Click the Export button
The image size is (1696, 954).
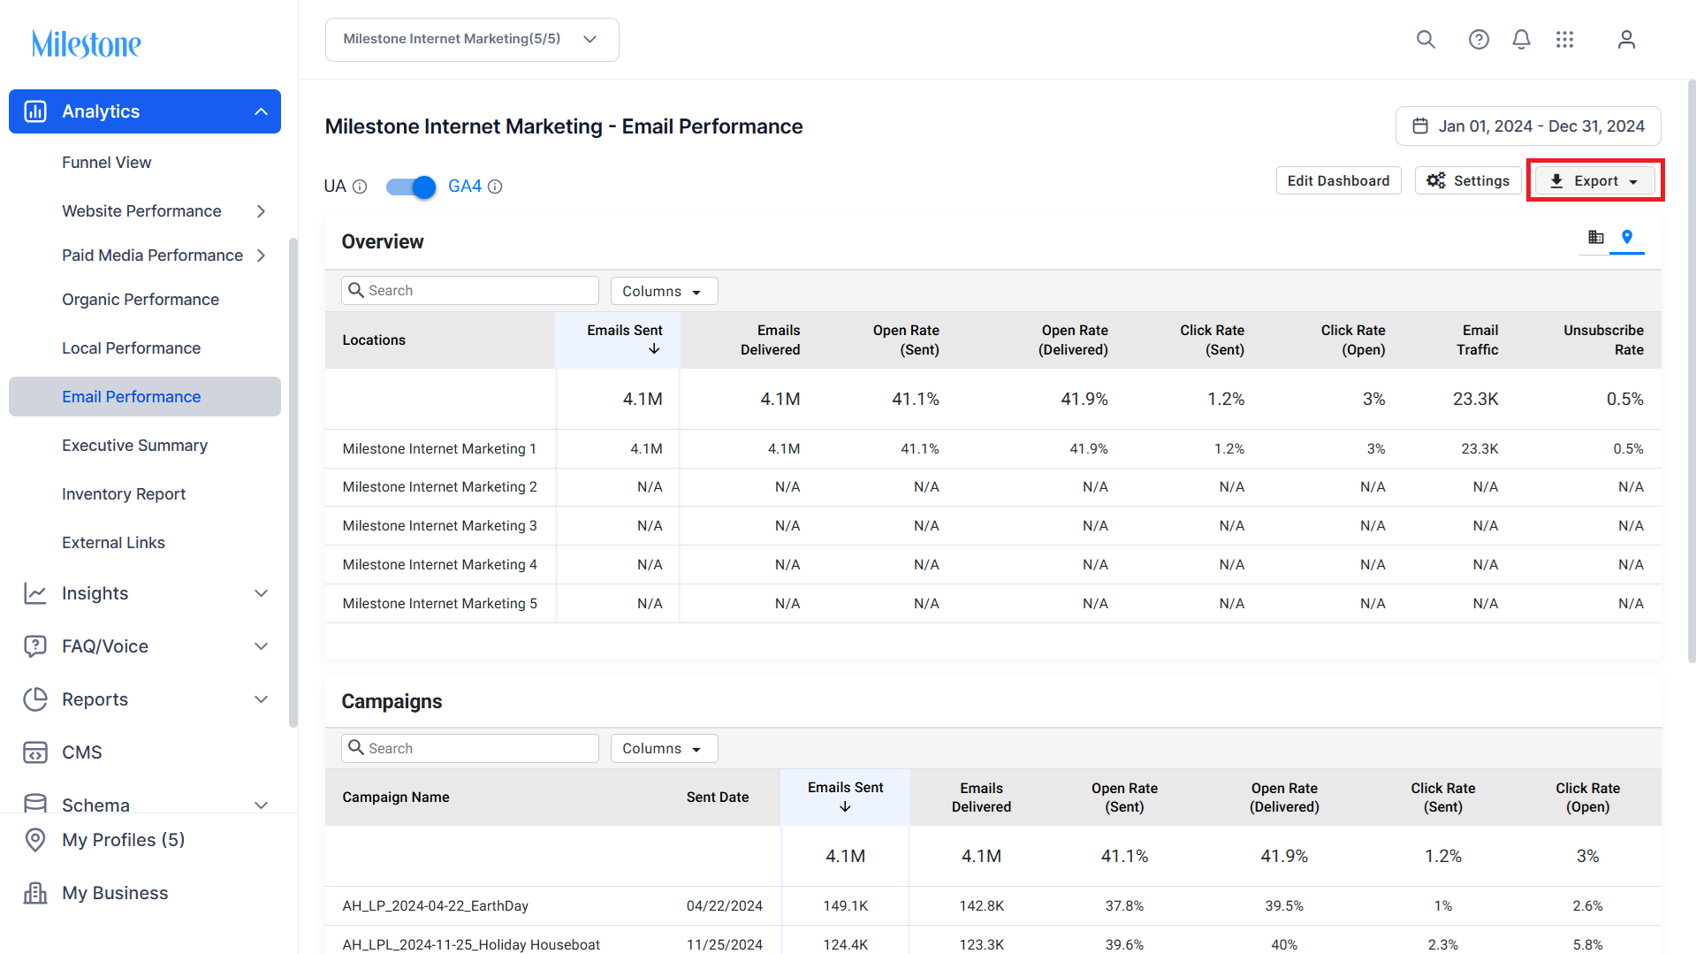(x=1595, y=180)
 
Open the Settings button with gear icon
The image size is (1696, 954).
(x=1468, y=180)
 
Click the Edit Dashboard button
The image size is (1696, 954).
(x=1338, y=180)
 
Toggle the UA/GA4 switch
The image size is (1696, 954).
(x=412, y=187)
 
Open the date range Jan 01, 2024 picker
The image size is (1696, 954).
(x=1528, y=126)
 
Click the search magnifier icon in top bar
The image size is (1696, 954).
(x=1426, y=40)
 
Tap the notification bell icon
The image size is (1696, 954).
(x=1521, y=40)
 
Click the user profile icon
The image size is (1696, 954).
(x=1626, y=40)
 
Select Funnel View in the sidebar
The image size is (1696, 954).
(x=107, y=163)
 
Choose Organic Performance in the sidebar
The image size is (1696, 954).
(x=141, y=300)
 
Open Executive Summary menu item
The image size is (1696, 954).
(x=135, y=446)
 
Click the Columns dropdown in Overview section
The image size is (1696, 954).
(x=664, y=291)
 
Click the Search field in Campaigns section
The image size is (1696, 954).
(x=470, y=748)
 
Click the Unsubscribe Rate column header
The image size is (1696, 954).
(x=1603, y=340)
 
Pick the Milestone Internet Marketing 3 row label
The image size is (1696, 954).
(x=440, y=526)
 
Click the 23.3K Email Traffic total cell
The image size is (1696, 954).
(x=1475, y=399)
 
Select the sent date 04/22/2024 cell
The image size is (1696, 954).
(x=724, y=906)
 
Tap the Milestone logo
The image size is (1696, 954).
(x=87, y=43)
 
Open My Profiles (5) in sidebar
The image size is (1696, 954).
(x=123, y=840)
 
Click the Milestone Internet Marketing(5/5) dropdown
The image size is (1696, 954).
(x=472, y=40)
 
